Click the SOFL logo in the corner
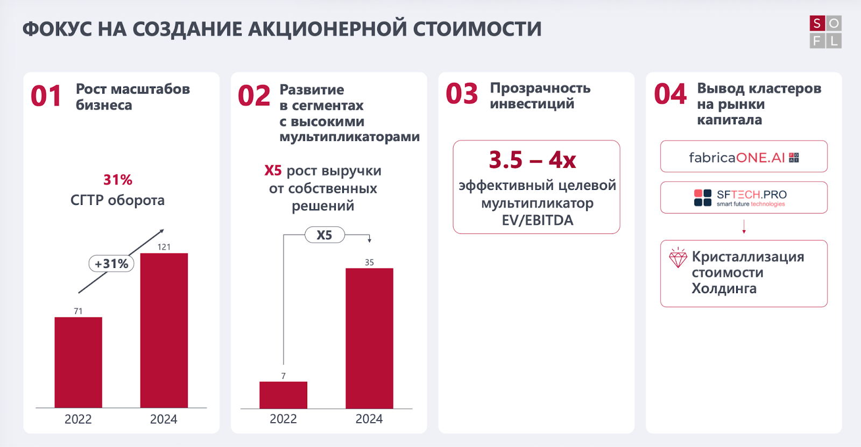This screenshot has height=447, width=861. [x=825, y=32]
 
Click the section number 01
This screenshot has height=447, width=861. [x=46, y=96]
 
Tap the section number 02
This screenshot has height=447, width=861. [x=254, y=96]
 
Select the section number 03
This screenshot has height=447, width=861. [x=462, y=94]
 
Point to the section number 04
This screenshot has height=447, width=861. [x=670, y=94]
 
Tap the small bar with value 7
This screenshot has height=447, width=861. [x=283, y=395]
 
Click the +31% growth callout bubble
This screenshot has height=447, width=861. [x=111, y=264]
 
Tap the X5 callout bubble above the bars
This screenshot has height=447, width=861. [x=324, y=235]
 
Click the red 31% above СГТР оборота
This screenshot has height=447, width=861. [x=118, y=180]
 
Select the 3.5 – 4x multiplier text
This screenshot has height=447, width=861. [x=532, y=160]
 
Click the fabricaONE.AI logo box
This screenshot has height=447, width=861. [x=744, y=157]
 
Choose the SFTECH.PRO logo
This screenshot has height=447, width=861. [x=740, y=197]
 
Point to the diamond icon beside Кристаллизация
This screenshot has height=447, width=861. [x=678, y=258]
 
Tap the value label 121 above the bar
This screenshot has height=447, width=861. [x=164, y=247]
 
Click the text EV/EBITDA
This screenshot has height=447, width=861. [x=538, y=221]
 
